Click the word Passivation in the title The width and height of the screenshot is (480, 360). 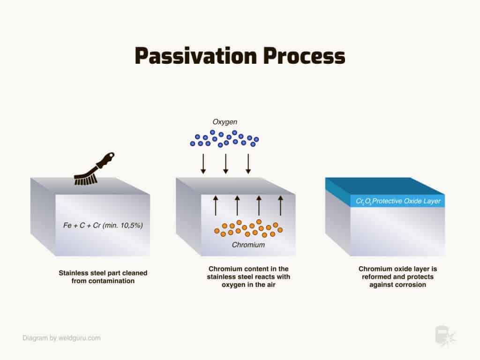(195, 56)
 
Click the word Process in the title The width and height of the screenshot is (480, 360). (304, 56)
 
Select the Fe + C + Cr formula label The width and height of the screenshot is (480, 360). (103, 225)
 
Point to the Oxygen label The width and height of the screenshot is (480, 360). (225, 122)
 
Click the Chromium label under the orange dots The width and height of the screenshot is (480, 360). (248, 245)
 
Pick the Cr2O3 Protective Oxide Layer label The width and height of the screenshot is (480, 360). (398, 201)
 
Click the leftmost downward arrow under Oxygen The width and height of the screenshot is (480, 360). (203, 164)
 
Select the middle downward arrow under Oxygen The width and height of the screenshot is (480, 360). (226, 164)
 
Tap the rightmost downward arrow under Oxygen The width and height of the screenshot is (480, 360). (248, 164)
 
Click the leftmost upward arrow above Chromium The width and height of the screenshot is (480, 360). (216, 206)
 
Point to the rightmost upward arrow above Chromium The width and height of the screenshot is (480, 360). (280, 206)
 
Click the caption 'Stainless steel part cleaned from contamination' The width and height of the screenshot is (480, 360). (103, 277)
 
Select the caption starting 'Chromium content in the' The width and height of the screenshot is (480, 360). (248, 277)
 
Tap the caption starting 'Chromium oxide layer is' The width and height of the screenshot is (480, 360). (397, 277)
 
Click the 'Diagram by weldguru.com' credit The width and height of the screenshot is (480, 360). (61, 338)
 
